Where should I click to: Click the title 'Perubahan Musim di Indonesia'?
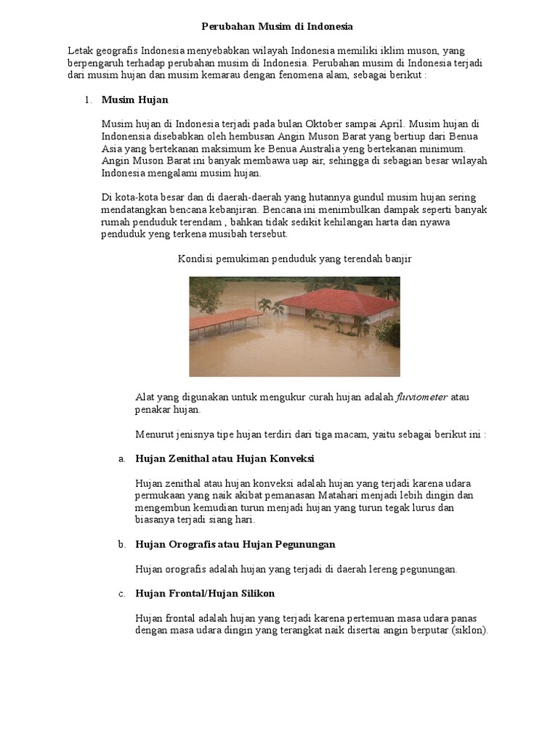coord(276,26)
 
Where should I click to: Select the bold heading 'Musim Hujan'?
coord(134,100)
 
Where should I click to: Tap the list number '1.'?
coord(87,100)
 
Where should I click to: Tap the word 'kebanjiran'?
coord(230,210)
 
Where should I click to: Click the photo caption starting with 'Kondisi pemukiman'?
coord(294,259)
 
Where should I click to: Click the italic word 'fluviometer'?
coord(422,397)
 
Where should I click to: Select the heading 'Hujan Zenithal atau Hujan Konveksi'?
coord(225,459)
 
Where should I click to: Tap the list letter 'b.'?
coord(121,544)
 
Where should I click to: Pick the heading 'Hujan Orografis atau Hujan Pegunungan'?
coord(235,544)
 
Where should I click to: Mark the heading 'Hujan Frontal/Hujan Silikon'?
coord(205,594)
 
